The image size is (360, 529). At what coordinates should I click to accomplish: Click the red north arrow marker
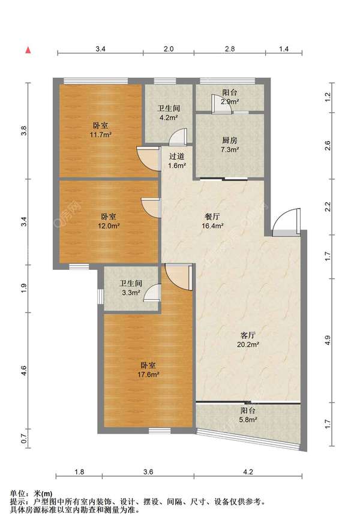(28, 50)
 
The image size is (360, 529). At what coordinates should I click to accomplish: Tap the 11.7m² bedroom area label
(101, 130)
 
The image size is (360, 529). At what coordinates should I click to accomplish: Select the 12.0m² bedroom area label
(109, 221)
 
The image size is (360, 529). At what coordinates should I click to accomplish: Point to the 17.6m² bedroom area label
(148, 369)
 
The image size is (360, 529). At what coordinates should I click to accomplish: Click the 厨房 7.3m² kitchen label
(230, 145)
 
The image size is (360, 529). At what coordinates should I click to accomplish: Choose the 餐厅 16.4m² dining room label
(212, 221)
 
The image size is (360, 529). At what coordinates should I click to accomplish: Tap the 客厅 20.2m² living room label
(248, 339)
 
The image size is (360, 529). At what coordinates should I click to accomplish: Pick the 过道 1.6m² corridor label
(177, 161)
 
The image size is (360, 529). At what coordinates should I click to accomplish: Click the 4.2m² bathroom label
(169, 113)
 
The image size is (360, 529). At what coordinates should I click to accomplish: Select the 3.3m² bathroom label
(131, 288)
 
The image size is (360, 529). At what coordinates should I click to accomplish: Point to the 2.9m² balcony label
(230, 97)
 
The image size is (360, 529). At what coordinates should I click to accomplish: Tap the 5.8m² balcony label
(248, 415)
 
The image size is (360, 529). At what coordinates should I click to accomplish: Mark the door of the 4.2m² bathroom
(178, 137)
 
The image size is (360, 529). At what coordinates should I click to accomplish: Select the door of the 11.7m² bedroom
(148, 158)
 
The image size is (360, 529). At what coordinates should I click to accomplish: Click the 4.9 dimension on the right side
(327, 340)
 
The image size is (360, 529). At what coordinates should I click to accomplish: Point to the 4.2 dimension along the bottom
(248, 472)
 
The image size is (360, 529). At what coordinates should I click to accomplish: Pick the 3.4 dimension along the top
(100, 49)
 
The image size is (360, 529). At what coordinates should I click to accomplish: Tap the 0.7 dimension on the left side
(23, 439)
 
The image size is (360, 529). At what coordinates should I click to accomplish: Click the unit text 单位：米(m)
(31, 494)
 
